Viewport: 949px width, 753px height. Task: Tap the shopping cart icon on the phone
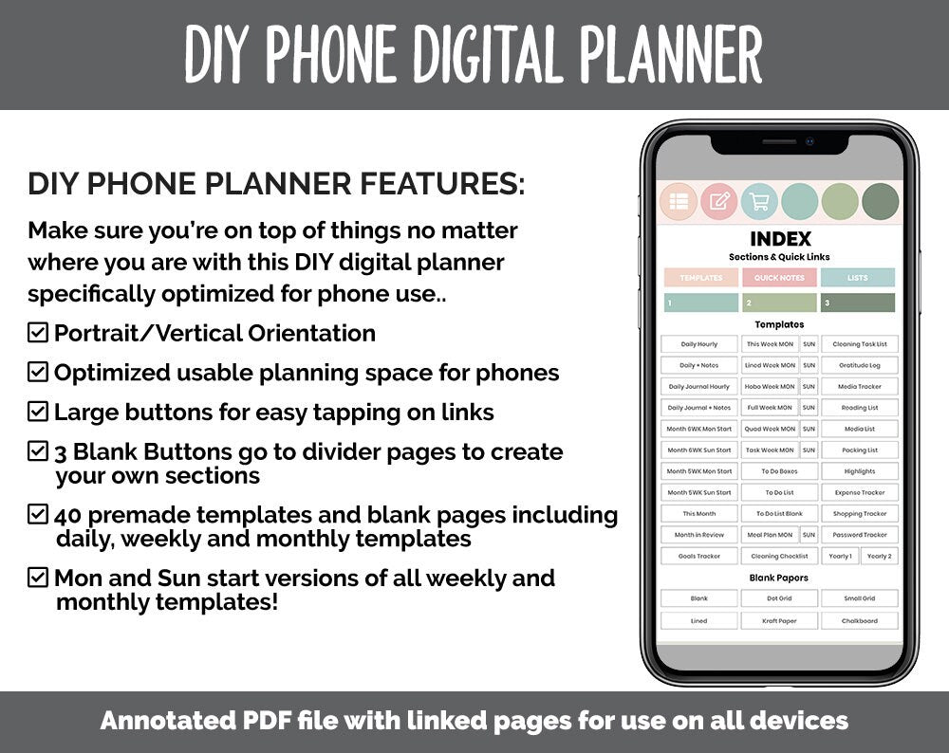pyautogui.click(x=758, y=201)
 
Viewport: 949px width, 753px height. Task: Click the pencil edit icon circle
pyautogui.click(x=718, y=201)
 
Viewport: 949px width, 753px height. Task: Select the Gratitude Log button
pyautogui.click(x=860, y=365)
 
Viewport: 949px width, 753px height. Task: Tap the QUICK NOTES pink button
pyautogui.click(x=779, y=278)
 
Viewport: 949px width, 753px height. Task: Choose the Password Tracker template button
pyautogui.click(x=860, y=535)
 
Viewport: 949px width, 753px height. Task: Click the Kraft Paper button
pyautogui.click(x=779, y=621)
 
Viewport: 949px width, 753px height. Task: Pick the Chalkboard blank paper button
pyautogui.click(x=860, y=621)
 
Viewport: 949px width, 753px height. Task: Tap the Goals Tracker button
pyautogui.click(x=699, y=557)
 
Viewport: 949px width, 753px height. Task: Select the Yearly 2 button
pyautogui.click(x=879, y=557)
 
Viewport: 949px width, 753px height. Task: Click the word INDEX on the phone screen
pyautogui.click(x=780, y=239)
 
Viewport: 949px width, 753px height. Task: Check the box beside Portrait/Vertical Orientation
pyautogui.click(x=38, y=333)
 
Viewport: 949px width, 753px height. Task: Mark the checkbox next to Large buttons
pyautogui.click(x=38, y=412)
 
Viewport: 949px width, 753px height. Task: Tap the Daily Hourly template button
pyautogui.click(x=699, y=344)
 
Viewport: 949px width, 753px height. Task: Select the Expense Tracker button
pyautogui.click(x=860, y=493)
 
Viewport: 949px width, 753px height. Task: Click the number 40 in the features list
pyautogui.click(x=67, y=516)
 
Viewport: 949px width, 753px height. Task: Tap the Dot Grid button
pyautogui.click(x=779, y=598)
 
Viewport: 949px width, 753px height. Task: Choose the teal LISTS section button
pyautogui.click(x=858, y=278)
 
